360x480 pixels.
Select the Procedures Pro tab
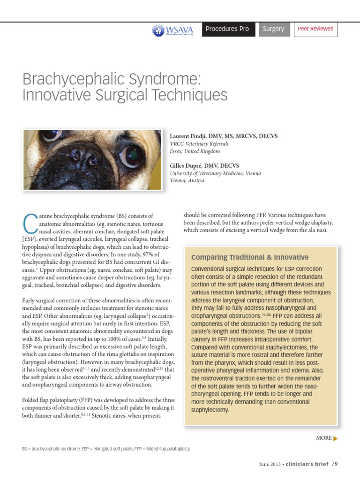click(x=227, y=29)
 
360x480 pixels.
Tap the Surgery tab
click(x=273, y=29)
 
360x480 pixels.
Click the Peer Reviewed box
click(x=315, y=29)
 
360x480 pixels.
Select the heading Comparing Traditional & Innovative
click(x=250, y=257)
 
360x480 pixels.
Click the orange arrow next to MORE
click(x=335, y=438)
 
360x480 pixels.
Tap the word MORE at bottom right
click(x=323, y=438)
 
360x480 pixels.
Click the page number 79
click(x=334, y=464)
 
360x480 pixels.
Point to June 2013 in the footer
click(x=270, y=465)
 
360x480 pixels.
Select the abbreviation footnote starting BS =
click(x=106, y=449)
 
